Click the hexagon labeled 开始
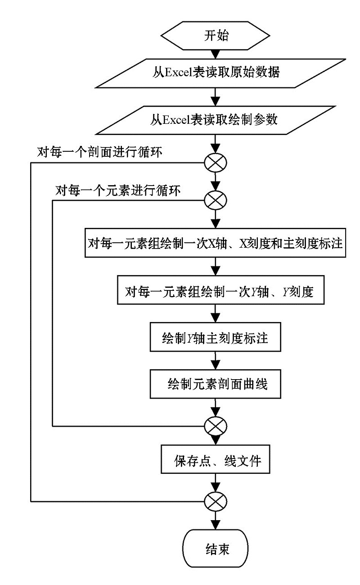215,36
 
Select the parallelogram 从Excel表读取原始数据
220,73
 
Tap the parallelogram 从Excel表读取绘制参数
215,120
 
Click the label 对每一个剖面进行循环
99,152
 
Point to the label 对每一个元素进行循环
118,190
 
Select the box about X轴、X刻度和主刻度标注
215,243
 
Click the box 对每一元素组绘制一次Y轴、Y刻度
220,290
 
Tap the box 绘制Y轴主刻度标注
216,337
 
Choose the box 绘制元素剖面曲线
216,384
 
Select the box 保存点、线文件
216,459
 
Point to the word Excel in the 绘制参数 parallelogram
176,120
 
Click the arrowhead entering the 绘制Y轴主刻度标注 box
216,318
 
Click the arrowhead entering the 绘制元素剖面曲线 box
216,365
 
